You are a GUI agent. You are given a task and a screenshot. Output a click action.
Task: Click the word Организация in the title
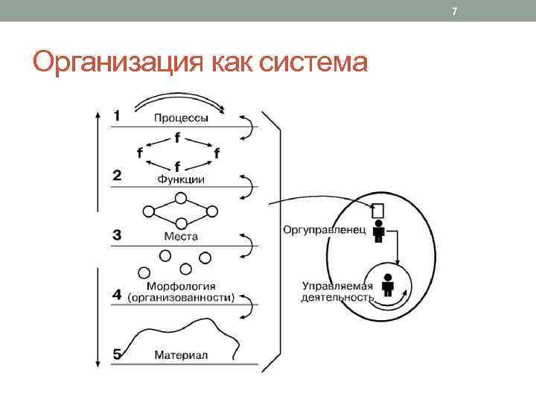(x=105, y=63)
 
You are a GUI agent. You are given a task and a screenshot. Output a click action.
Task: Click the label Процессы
(x=181, y=118)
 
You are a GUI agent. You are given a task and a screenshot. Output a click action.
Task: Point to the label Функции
(x=181, y=179)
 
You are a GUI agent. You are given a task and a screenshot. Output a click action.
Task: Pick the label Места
(x=181, y=237)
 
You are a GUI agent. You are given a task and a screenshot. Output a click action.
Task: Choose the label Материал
(x=181, y=355)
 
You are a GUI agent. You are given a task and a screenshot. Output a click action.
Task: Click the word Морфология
(x=182, y=286)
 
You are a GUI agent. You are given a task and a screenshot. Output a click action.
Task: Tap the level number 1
(x=118, y=115)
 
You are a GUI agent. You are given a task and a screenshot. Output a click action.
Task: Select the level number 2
(x=118, y=176)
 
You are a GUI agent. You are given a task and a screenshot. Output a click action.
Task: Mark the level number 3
(x=118, y=235)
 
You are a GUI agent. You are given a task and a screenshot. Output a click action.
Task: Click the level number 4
(x=118, y=295)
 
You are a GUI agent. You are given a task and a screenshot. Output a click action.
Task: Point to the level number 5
(x=118, y=354)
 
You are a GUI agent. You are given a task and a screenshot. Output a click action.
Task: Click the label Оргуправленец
(x=324, y=229)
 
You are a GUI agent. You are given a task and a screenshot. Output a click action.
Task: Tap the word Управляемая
(x=337, y=285)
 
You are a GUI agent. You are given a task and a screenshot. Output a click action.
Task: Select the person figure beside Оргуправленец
(x=379, y=231)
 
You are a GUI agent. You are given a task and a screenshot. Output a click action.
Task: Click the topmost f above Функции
(x=177, y=138)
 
